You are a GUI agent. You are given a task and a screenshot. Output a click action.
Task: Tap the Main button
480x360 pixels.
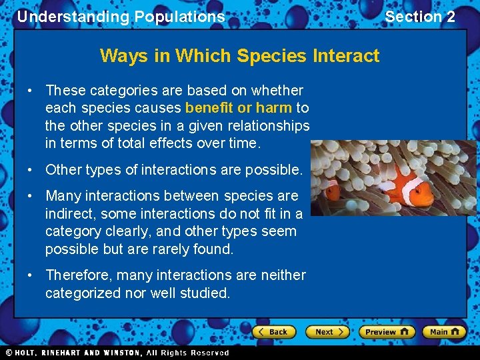(444, 331)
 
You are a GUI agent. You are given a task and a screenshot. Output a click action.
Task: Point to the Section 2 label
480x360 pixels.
(420, 17)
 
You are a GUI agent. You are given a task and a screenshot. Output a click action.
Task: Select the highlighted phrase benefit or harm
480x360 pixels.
(239, 108)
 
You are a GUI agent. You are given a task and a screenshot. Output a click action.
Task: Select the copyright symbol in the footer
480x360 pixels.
(9, 353)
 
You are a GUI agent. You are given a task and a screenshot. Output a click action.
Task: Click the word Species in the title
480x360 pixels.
(275, 55)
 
